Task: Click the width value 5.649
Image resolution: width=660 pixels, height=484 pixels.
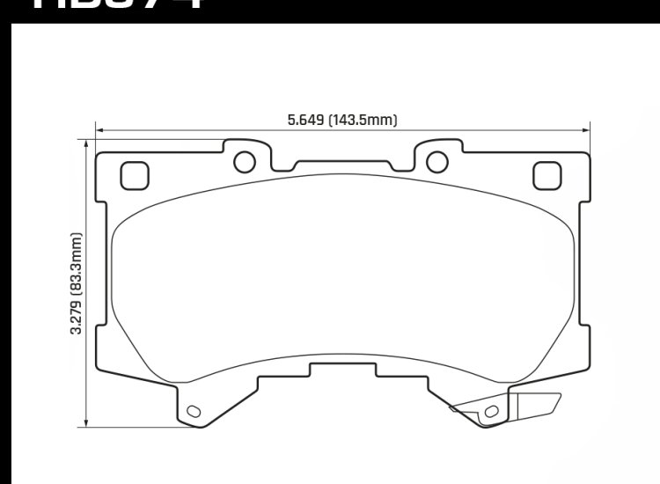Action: (x=306, y=121)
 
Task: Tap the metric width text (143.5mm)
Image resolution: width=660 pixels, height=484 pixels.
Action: (x=363, y=121)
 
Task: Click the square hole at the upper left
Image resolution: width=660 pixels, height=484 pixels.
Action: (x=134, y=176)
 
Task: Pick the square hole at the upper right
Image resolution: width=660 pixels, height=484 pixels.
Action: (x=547, y=176)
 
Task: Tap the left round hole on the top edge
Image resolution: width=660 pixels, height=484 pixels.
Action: (x=245, y=161)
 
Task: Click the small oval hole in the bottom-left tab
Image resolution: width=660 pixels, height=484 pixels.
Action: (x=194, y=410)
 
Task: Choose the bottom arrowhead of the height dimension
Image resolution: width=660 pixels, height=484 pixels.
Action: (x=85, y=423)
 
